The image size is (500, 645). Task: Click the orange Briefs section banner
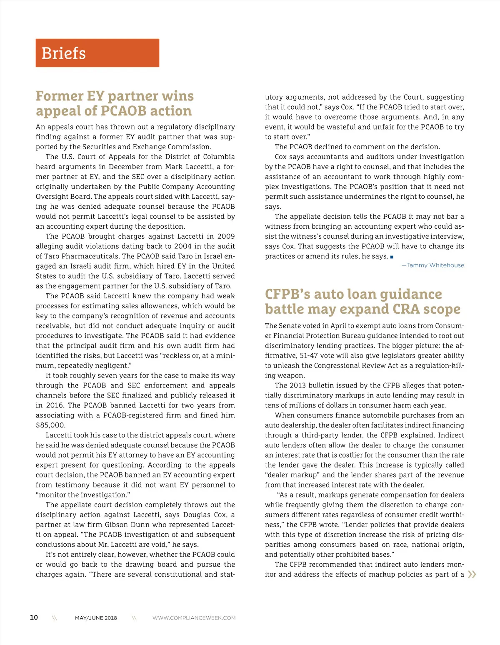pos(97,53)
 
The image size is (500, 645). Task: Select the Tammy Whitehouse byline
pos(433,265)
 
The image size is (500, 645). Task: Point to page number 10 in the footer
pos(34,617)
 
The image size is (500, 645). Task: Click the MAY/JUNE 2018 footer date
pos(96,618)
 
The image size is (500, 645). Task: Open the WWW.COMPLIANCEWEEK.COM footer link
pos(194,618)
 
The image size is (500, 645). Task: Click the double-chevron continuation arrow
pos(472,575)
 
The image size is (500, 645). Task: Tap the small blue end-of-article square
pos(392,257)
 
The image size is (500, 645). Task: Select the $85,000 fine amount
pos(50,425)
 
